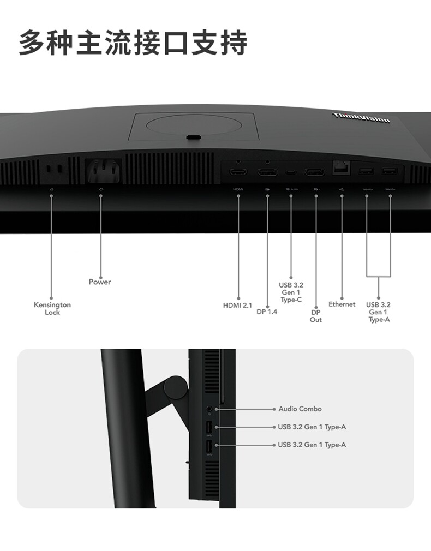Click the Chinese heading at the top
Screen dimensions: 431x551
[133, 43]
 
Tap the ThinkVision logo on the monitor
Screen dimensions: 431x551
[361, 117]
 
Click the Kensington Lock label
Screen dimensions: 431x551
[52, 308]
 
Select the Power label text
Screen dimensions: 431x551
[100, 282]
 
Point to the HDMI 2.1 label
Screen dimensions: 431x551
[237, 306]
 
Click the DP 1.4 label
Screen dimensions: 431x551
[267, 312]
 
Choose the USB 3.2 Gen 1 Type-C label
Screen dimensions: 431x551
[291, 292]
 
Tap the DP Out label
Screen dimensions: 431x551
[316, 316]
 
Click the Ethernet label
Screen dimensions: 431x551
[342, 304]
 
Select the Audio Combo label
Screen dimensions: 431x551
[300, 409]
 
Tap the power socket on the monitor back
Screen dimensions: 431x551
[101, 170]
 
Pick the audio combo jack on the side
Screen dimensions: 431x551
[209, 408]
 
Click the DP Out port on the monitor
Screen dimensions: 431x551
[314, 172]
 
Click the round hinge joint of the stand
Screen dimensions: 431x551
[176, 386]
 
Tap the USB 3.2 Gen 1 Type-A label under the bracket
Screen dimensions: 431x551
[379, 312]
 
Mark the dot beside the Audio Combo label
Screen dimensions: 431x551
[274, 409]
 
